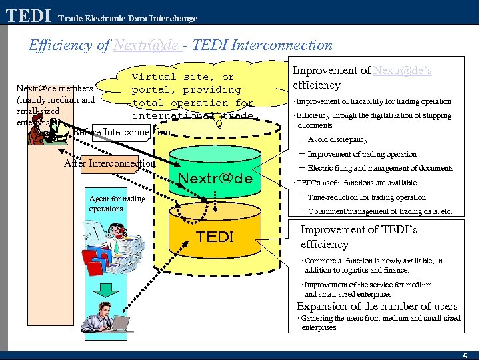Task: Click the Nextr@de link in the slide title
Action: (x=147, y=45)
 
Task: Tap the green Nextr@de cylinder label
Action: (x=215, y=179)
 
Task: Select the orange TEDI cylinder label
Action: (x=215, y=237)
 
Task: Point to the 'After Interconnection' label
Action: (x=109, y=163)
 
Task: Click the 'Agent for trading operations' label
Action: (x=117, y=203)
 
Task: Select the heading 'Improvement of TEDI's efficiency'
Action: (x=359, y=237)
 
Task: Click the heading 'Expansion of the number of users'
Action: (x=377, y=306)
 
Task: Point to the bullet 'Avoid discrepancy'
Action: (x=337, y=139)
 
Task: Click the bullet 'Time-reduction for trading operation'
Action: (x=367, y=197)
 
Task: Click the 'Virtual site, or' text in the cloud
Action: (x=183, y=77)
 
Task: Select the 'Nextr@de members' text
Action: (x=55, y=88)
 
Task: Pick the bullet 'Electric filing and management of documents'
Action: (x=380, y=168)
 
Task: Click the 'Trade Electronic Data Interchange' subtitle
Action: (x=127, y=19)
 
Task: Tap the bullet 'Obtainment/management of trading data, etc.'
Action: (x=380, y=211)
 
